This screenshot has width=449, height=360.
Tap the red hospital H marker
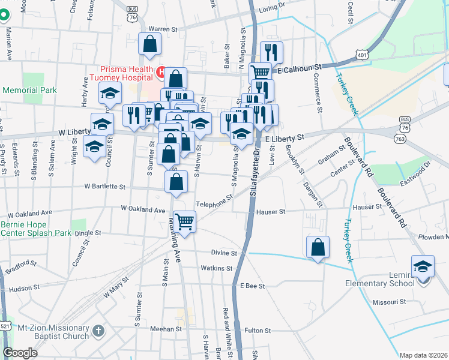pyautogui.click(x=161, y=73)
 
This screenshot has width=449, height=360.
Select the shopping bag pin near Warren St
pyautogui.click(x=149, y=44)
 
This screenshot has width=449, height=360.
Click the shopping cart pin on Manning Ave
pyautogui.click(x=184, y=222)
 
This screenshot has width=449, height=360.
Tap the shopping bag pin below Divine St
pyautogui.click(x=318, y=247)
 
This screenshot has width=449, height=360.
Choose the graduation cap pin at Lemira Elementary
pyautogui.click(x=423, y=266)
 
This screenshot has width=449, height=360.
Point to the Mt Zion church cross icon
pyautogui.click(x=98, y=331)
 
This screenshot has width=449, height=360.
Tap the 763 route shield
pyautogui.click(x=399, y=138)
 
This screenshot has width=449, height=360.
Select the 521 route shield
pyautogui.click(x=5, y=326)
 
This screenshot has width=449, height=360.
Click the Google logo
pyautogui.click(x=20, y=352)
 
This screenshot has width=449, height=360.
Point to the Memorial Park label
pyautogui.click(x=29, y=90)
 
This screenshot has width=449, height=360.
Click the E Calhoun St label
pyautogui.click(x=300, y=70)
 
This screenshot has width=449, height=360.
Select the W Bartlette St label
pyautogui.click(x=104, y=187)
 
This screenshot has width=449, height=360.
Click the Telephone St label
pyautogui.click(x=214, y=201)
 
